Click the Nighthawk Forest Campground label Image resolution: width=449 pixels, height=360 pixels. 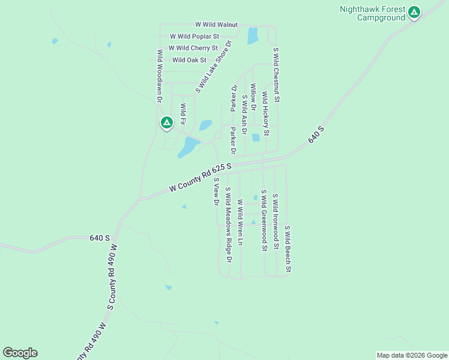coord(372,13)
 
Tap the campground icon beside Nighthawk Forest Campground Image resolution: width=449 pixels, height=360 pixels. coord(414,12)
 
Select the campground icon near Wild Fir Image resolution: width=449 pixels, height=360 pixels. coord(167,123)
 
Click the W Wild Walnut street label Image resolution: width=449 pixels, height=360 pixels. coord(217,25)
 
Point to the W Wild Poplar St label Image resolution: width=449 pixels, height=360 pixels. coord(194,37)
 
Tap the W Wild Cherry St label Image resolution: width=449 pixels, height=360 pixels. coord(193,48)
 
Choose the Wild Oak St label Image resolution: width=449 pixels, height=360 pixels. coord(189,60)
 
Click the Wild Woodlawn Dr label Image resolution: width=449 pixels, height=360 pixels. coord(160,74)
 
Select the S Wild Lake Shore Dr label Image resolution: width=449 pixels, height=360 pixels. coord(214,67)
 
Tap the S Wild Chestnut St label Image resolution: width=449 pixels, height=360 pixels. coord(276,74)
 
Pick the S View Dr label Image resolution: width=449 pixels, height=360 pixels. coord(216,191)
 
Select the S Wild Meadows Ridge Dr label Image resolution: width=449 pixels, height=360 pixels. coord(228,225)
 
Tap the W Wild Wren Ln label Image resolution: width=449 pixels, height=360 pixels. coord(240,223)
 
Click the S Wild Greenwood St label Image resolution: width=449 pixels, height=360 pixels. coord(264,220)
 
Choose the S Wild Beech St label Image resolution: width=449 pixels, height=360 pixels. coord(288,249)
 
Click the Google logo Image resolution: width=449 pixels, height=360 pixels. coord(20,353)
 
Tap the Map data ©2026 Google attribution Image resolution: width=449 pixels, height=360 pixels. coord(412,355)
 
